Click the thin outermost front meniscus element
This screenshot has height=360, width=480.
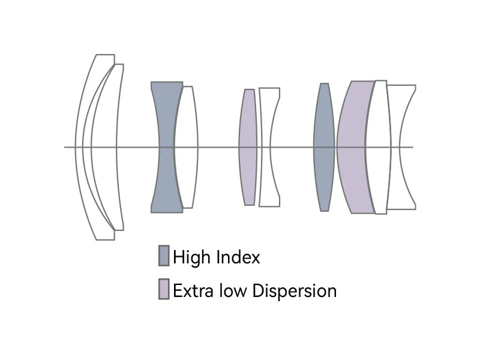click(x=79, y=147)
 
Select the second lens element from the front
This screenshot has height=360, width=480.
click(x=104, y=147)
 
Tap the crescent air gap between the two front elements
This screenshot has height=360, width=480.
click(x=87, y=147)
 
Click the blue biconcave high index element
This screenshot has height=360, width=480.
click(x=167, y=147)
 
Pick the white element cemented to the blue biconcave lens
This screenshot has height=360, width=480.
click(x=187, y=147)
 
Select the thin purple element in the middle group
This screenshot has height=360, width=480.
click(x=248, y=147)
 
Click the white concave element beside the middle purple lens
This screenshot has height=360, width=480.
click(x=265, y=147)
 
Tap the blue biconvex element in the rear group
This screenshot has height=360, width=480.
click(x=324, y=147)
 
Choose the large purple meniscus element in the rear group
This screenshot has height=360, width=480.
click(x=352, y=147)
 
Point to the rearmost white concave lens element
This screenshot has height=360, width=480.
click(x=395, y=147)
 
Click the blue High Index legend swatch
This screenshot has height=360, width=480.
click(x=164, y=256)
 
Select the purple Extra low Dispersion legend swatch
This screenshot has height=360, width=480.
click(x=164, y=289)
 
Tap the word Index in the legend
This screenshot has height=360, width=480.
click(x=238, y=257)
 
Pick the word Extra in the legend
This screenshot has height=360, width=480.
click(x=193, y=290)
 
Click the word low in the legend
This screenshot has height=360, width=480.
click(x=233, y=290)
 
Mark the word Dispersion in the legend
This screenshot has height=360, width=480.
click(x=295, y=291)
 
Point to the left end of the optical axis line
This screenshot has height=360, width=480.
click(x=64, y=147)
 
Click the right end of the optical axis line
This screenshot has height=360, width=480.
click(x=413, y=147)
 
